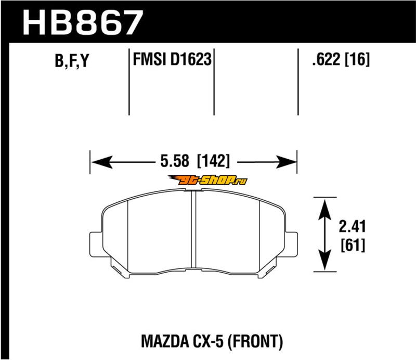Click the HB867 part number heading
(83, 22)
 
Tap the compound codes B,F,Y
(72, 60)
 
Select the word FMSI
(150, 59)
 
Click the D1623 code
(191, 59)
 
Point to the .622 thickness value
(326, 59)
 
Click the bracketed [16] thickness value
(357, 59)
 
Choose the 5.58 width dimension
(175, 161)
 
